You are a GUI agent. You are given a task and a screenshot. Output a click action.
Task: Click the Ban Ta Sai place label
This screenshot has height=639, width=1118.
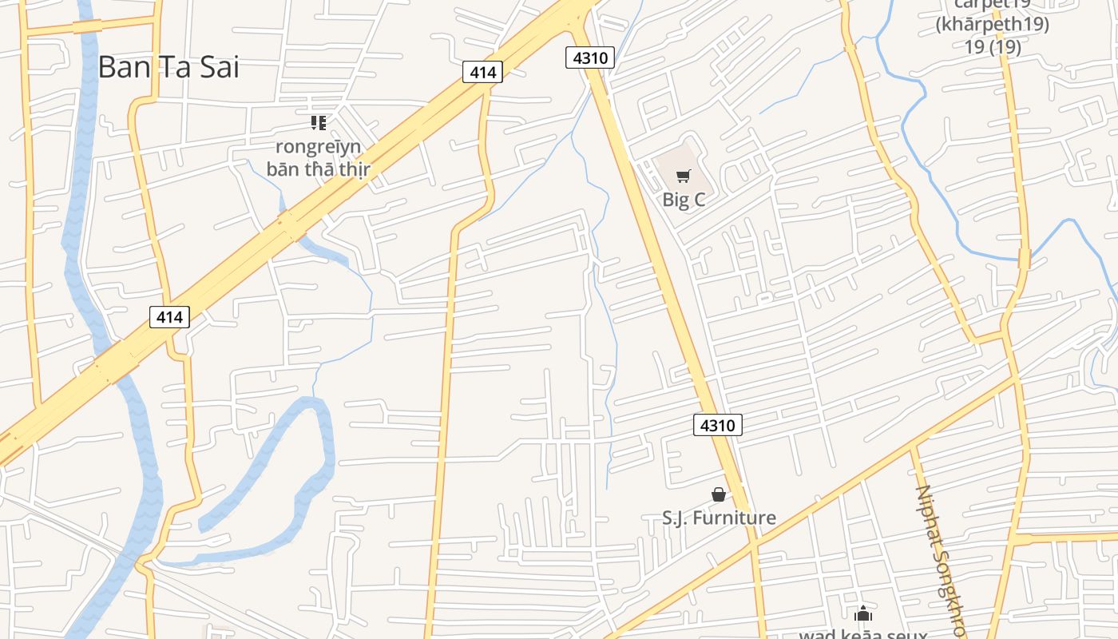click(168, 67)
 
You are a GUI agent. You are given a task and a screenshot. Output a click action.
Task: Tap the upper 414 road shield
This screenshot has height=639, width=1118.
click(482, 73)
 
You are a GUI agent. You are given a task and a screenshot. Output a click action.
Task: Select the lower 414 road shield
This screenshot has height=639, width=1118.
click(169, 317)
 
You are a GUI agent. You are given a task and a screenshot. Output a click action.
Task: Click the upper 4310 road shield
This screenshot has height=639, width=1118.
click(589, 58)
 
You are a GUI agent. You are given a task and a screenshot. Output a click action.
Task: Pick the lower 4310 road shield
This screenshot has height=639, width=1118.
click(717, 425)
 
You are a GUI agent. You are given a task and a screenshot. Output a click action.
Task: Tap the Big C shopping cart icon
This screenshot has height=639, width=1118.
click(683, 177)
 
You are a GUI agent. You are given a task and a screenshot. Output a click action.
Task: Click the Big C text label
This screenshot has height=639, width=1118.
click(684, 199)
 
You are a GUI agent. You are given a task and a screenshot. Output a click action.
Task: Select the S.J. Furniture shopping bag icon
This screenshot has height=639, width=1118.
click(719, 495)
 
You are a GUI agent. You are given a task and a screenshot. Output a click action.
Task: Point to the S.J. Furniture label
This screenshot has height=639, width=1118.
click(719, 518)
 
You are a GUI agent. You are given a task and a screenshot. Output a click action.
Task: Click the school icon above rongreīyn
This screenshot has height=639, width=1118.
click(319, 123)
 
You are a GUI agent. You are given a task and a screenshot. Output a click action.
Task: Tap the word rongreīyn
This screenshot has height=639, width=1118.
click(318, 147)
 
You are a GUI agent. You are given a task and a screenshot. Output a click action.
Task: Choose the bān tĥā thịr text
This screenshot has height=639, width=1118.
click(318, 169)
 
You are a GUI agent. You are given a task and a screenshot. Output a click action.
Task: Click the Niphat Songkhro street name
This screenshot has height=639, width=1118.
click(941, 559)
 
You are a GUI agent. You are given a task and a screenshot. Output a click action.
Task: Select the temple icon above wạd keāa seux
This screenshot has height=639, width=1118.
click(862, 614)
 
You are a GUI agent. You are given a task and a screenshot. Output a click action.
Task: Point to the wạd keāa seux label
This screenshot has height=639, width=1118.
click(863, 634)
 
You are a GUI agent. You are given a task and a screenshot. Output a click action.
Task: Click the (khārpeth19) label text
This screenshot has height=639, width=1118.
click(992, 24)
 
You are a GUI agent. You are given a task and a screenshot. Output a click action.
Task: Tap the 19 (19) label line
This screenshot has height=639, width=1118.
click(992, 46)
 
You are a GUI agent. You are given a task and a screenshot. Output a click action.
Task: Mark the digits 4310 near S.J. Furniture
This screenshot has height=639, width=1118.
click(717, 425)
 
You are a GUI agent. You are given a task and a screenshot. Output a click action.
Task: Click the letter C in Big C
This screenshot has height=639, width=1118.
click(698, 199)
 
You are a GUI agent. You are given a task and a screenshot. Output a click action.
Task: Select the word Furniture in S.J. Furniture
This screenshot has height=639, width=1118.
click(734, 518)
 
